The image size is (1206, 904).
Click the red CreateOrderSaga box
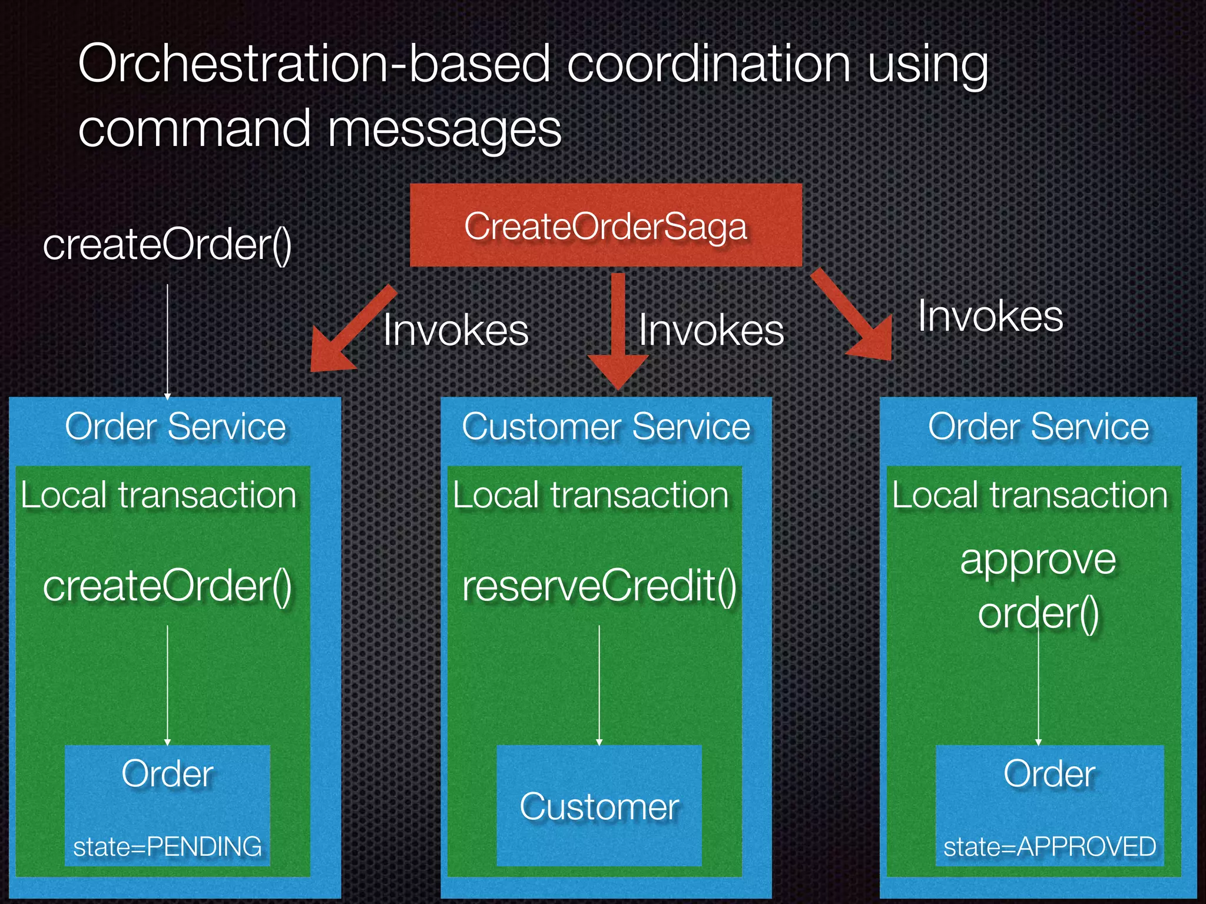pyautogui.click(x=605, y=225)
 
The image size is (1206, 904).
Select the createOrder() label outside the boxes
pyautogui.click(x=167, y=245)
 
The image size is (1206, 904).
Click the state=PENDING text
pyautogui.click(x=167, y=846)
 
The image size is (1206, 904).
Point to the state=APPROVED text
pyautogui.click(x=1049, y=846)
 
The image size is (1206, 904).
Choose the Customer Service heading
pyautogui.click(x=606, y=427)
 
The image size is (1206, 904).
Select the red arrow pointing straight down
pyautogui.click(x=618, y=330)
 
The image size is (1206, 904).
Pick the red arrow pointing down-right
pyautogui.click(x=854, y=318)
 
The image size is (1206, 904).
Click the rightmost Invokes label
pyautogui.click(x=990, y=317)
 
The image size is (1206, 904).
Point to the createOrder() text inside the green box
pyautogui.click(x=167, y=586)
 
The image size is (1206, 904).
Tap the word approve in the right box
pyautogui.click(x=1038, y=560)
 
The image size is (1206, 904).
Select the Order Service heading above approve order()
pyautogui.click(x=1038, y=427)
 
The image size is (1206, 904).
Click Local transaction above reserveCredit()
pyautogui.click(x=591, y=495)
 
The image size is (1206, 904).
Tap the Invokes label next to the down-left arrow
pyautogui.click(x=456, y=330)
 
